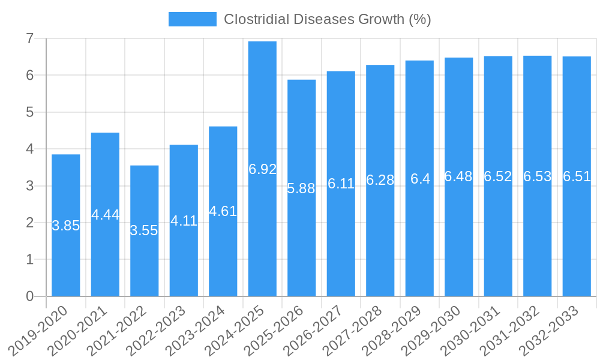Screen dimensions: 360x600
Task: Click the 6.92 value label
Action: tap(262, 169)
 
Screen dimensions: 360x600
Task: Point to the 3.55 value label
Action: tap(144, 230)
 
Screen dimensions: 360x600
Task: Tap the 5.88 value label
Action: tap(301, 188)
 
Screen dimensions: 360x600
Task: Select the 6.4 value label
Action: tap(420, 179)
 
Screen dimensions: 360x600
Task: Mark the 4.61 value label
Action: tap(223, 211)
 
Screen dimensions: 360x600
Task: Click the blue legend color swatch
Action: tap(192, 19)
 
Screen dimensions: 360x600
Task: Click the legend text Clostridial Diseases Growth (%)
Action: tap(328, 19)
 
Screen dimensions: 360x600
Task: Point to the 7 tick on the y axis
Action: tap(29, 39)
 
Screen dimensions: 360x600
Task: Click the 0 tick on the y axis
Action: tap(29, 296)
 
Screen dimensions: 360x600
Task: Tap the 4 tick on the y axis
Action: tap(29, 149)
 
